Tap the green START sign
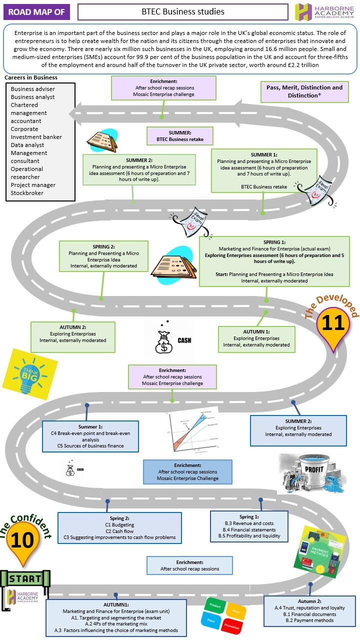[x=26, y=579]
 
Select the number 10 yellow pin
[x=22, y=540]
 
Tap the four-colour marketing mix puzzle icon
[x=223, y=614]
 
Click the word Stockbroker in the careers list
[x=27, y=193]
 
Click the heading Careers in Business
[x=31, y=77]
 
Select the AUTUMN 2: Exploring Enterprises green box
[x=73, y=336]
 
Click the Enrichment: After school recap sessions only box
[x=189, y=565]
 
